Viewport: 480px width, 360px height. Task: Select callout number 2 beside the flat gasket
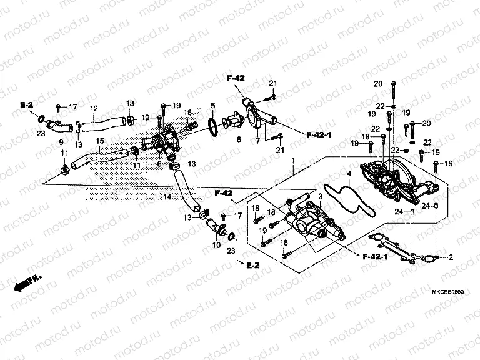(x=451, y=257)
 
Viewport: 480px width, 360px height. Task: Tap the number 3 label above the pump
(x=320, y=197)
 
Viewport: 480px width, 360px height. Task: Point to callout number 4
(x=349, y=173)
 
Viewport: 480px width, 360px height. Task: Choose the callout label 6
(x=160, y=163)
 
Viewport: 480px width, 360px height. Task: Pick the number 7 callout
(x=257, y=142)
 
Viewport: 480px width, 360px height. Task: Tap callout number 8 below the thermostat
(x=239, y=139)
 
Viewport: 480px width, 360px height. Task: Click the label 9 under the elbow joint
(x=61, y=142)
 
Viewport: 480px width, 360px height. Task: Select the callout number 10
(x=217, y=244)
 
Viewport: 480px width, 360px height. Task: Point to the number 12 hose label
(x=94, y=107)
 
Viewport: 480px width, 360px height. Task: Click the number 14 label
(x=167, y=197)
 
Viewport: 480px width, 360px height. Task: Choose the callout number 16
(x=186, y=112)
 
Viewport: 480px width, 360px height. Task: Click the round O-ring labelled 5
(x=212, y=126)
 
